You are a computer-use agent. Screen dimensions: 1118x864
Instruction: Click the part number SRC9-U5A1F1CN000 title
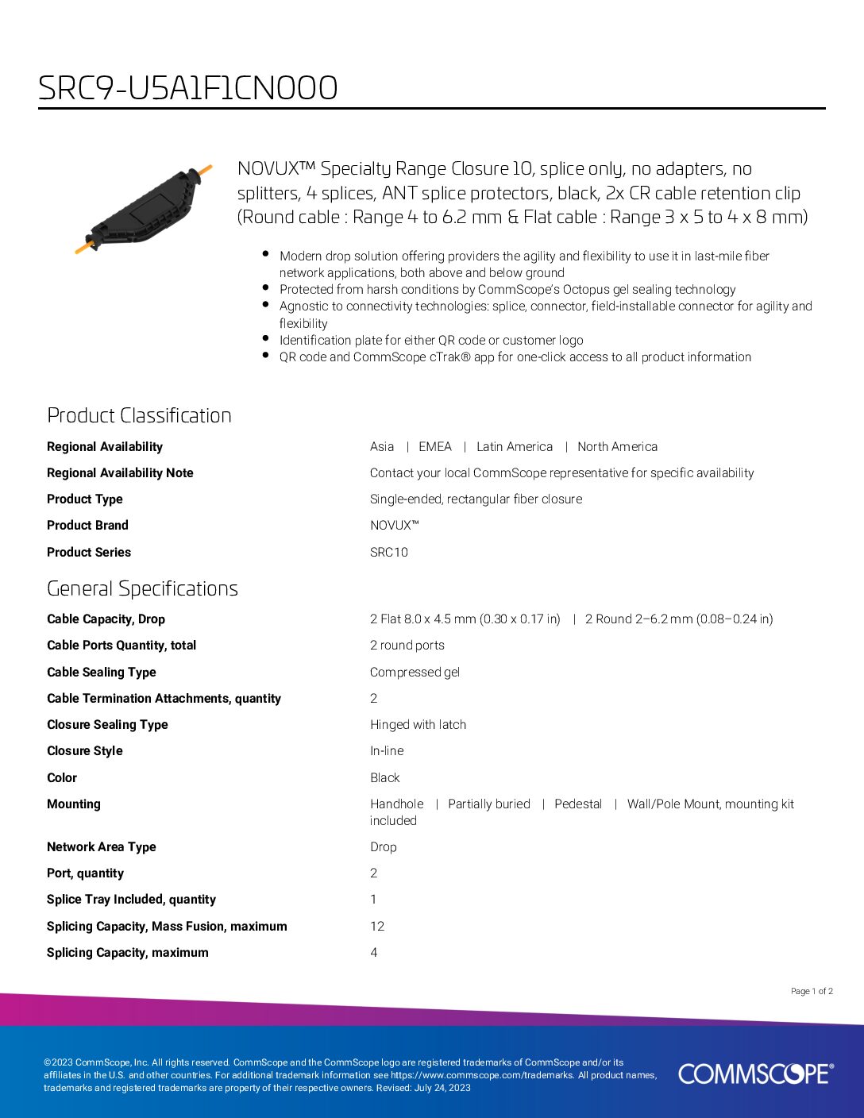[188, 87]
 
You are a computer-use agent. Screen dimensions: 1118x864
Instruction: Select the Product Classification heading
[139, 415]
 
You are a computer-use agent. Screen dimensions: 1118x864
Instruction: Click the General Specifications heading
[142, 588]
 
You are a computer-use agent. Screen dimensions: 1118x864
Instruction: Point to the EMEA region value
[435, 447]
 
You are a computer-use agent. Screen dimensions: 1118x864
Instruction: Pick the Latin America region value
[515, 447]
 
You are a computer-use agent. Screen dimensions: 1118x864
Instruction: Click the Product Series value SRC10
[389, 553]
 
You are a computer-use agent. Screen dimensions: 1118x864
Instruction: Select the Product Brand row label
[87, 526]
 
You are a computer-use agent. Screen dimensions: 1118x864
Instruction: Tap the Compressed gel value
[415, 673]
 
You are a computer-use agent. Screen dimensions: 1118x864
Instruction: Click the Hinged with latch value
[418, 725]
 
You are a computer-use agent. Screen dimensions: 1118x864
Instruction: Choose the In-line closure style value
[387, 751]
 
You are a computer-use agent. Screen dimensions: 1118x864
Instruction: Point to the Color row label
[62, 778]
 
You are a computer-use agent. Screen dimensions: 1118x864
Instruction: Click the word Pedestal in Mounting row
[578, 804]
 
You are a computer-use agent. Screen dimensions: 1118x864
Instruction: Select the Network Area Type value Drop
[383, 847]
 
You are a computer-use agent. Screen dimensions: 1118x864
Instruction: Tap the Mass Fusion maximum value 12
[377, 927]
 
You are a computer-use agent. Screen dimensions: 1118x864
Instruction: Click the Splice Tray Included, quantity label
[131, 900]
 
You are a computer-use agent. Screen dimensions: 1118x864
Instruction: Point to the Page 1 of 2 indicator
[812, 991]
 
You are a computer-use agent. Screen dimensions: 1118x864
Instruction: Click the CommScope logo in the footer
[755, 1074]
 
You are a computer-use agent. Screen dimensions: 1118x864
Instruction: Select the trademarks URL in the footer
[482, 1075]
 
